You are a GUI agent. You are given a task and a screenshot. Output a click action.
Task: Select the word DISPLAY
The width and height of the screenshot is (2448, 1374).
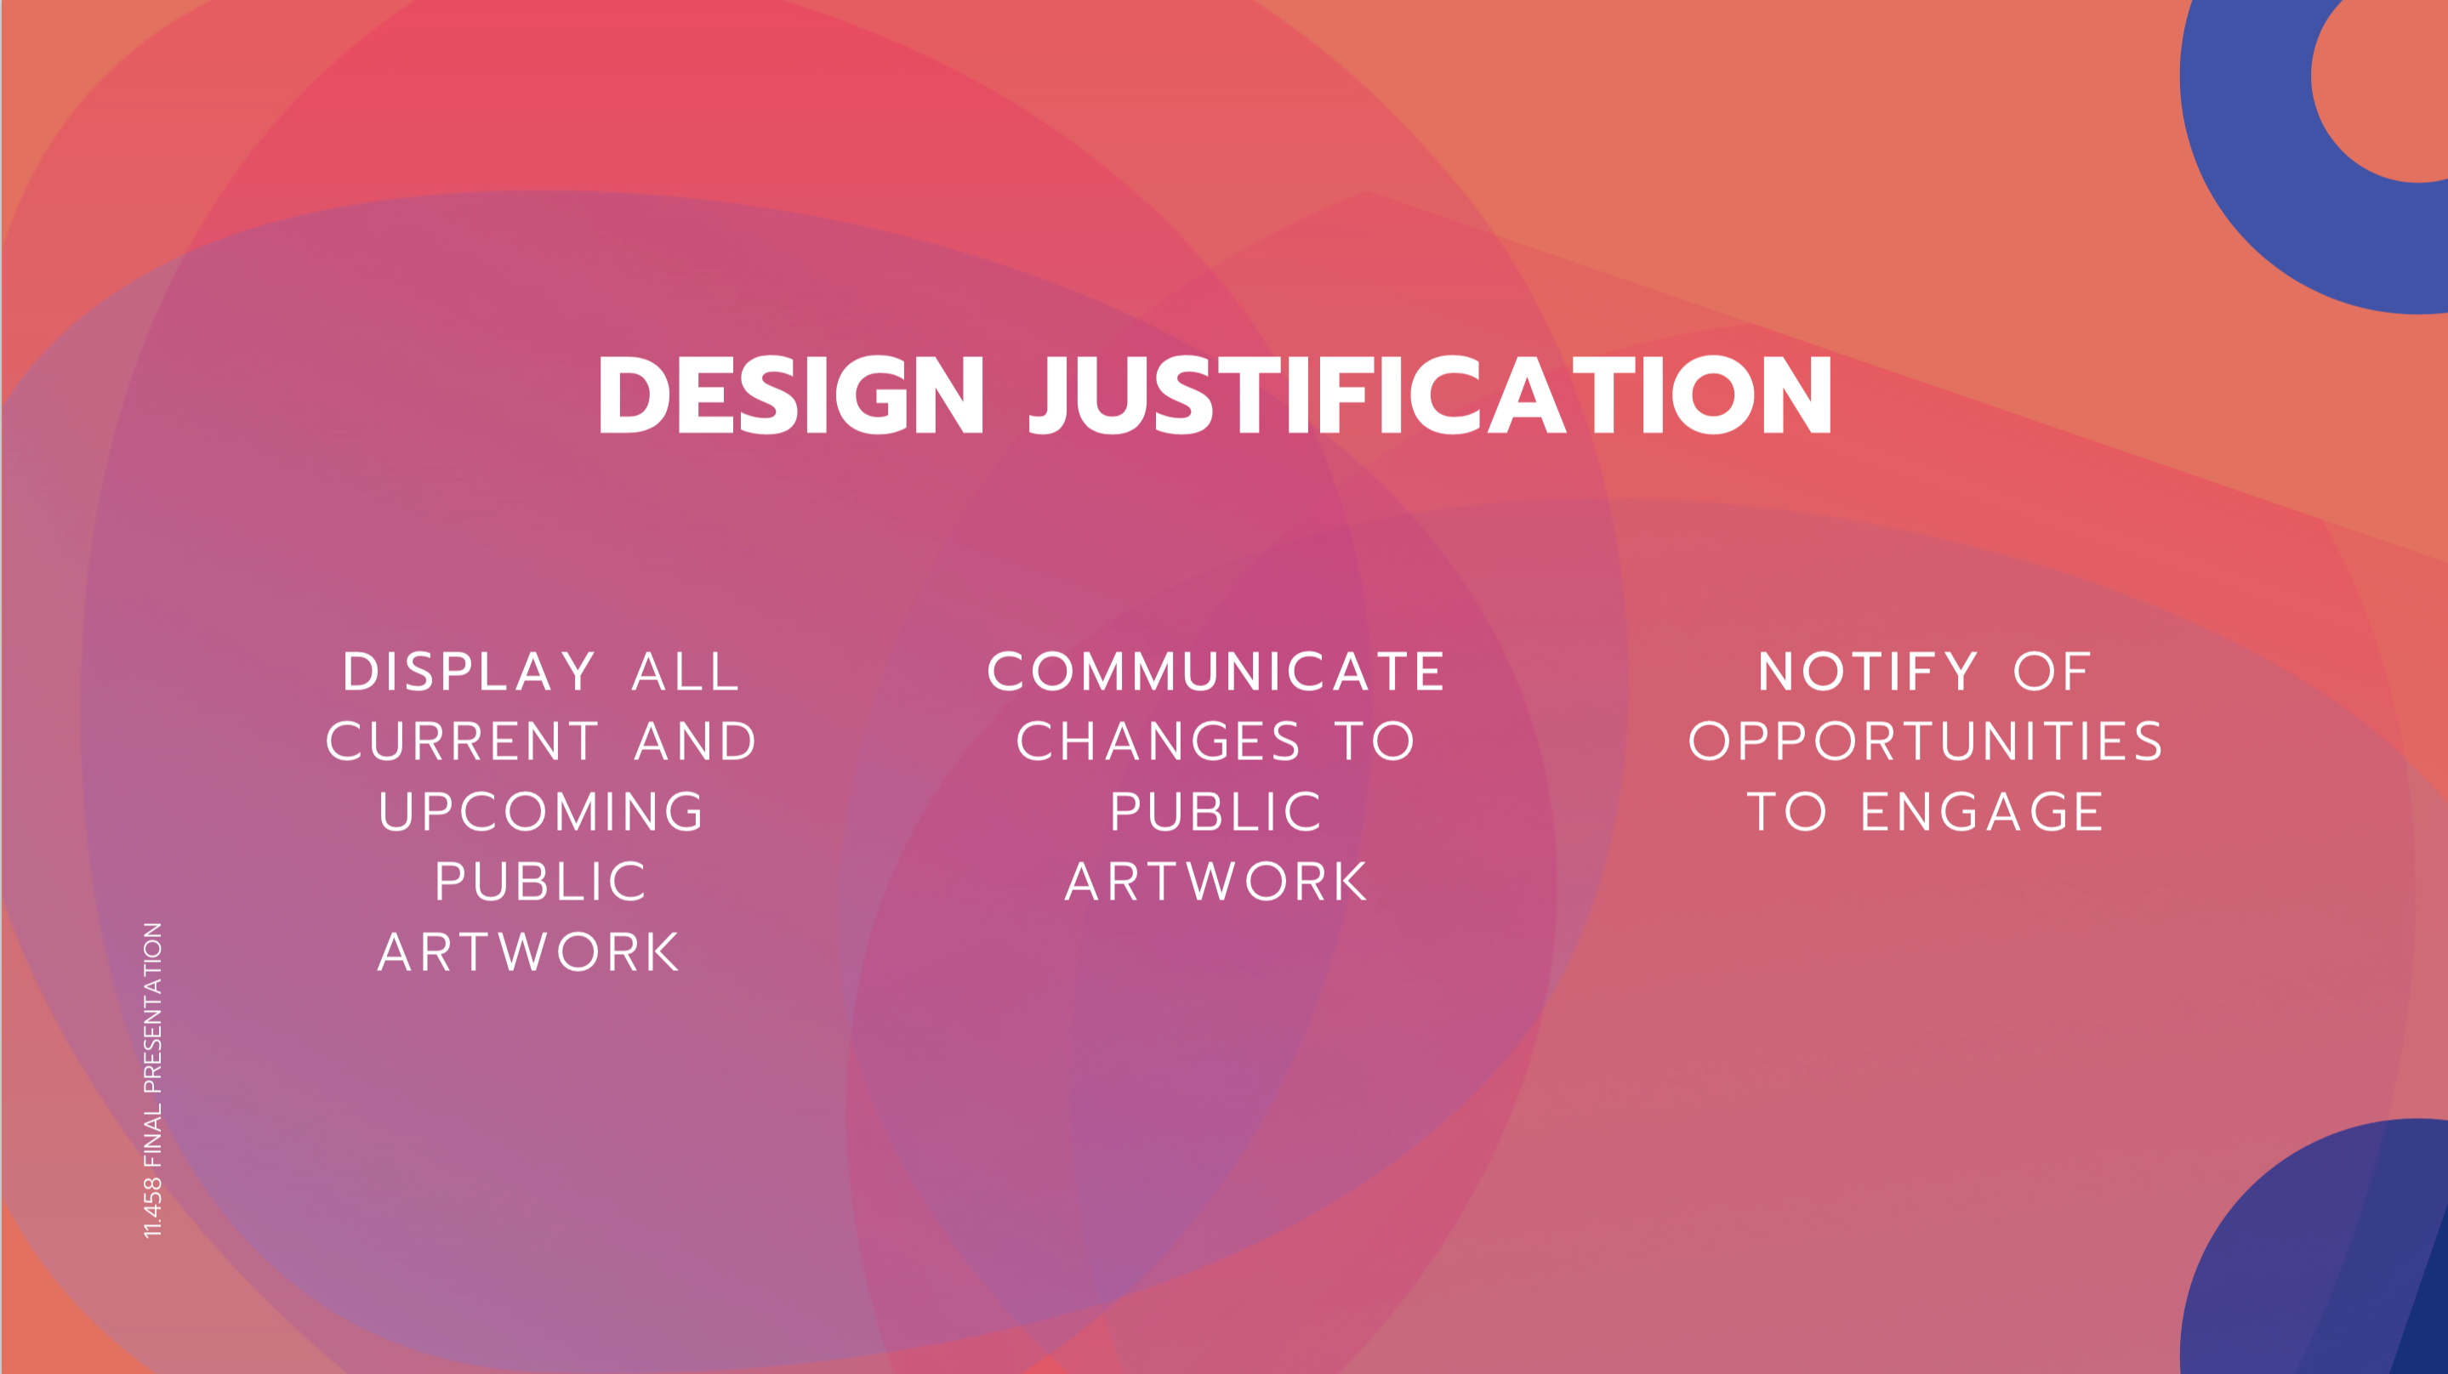[x=470, y=672]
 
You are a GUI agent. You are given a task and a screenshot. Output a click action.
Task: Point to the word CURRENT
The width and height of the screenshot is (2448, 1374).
[x=463, y=741]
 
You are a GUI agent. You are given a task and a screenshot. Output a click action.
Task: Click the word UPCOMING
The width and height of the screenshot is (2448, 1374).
[x=542, y=811]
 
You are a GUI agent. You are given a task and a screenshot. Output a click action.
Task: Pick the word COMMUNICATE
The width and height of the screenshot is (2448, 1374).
[x=1216, y=672]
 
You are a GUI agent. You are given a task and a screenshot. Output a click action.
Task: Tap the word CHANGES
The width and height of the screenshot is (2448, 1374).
[x=1159, y=741]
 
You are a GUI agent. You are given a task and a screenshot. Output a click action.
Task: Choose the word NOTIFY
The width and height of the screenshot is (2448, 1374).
[x=1868, y=672]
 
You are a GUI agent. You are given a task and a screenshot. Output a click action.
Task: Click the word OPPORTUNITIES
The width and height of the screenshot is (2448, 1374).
[x=1926, y=741]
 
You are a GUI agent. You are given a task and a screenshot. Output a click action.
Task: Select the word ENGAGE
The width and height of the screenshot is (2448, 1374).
[x=1983, y=811]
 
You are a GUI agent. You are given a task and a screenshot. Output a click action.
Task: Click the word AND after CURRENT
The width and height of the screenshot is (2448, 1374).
[x=696, y=741]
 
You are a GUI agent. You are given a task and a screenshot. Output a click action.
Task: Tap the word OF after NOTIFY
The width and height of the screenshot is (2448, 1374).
[x=2052, y=672]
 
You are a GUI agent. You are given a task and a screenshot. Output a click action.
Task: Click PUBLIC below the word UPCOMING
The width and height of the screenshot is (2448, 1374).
[x=542, y=882]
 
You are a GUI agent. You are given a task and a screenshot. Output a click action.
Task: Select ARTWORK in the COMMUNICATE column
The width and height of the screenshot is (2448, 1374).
[x=1216, y=882]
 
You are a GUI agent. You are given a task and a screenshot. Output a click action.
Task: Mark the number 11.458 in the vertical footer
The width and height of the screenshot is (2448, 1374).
[x=152, y=1207]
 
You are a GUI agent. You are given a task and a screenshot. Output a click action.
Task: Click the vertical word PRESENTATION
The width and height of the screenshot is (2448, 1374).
[x=152, y=1008]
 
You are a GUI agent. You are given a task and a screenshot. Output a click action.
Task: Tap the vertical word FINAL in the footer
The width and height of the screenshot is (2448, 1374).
[x=152, y=1135]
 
